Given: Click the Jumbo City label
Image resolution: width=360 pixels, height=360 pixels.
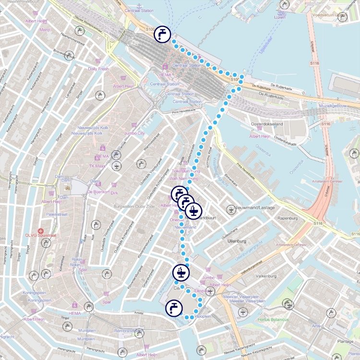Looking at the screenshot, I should (x=134, y=133).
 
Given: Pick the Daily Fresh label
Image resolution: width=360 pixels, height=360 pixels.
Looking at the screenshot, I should (x=98, y=69).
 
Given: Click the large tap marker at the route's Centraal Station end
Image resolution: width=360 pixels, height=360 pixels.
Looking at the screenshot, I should (x=162, y=34).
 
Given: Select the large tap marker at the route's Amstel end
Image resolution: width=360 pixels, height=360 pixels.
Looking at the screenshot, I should (x=173, y=308).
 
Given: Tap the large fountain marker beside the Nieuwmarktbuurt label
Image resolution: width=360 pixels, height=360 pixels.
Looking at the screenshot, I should (x=193, y=210).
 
